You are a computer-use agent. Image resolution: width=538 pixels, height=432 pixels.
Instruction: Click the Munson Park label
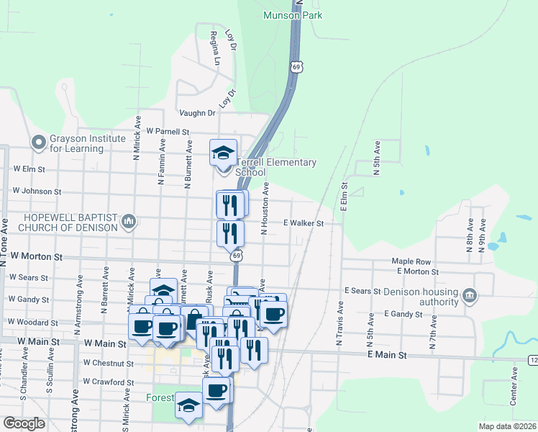(x=293, y=15)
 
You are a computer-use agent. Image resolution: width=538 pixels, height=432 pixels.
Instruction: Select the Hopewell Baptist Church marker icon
(x=129, y=221)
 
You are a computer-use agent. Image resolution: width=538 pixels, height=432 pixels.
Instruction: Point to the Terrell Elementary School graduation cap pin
(x=224, y=153)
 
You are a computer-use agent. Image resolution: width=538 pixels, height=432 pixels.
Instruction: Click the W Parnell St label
(x=167, y=132)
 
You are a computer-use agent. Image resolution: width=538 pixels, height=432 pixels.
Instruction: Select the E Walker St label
(x=303, y=223)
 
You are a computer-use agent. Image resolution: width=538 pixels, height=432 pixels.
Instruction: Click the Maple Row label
(x=411, y=261)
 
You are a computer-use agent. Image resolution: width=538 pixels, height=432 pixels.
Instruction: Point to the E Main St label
(x=387, y=355)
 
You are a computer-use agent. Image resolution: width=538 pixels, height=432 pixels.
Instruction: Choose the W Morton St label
(x=37, y=256)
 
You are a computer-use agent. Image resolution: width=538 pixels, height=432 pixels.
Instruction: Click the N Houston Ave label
(x=265, y=208)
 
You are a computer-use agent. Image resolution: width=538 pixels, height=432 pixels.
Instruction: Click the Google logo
(x=24, y=423)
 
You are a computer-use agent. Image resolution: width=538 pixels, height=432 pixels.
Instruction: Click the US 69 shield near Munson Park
(x=296, y=66)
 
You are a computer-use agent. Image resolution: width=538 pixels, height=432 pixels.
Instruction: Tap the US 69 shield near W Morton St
(x=236, y=256)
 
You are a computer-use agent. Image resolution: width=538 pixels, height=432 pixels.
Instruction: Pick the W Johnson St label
(x=37, y=192)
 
